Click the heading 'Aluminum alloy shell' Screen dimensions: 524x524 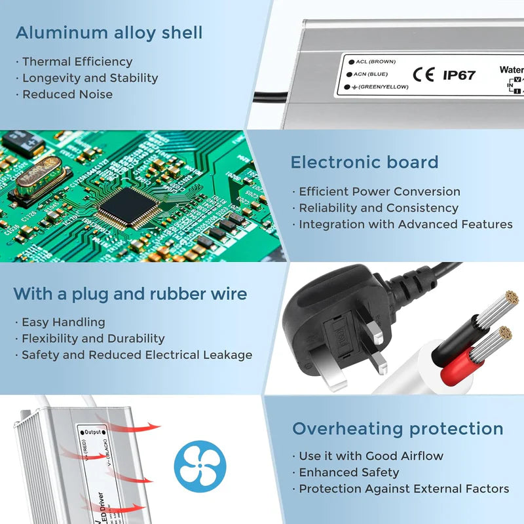click(109, 33)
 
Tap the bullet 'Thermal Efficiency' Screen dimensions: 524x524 click(77, 62)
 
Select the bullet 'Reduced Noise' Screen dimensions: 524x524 click(67, 94)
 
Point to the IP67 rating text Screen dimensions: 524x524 click(459, 75)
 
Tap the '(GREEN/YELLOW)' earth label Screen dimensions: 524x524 click(383, 86)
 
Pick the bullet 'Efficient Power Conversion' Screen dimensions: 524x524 click(379, 192)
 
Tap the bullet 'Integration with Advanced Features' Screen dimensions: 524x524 click(405, 225)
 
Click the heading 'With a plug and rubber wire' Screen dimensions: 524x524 click(130, 293)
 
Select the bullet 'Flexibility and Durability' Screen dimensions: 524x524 click(93, 339)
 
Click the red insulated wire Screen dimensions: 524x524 click(458, 370)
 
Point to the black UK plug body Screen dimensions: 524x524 click(327, 314)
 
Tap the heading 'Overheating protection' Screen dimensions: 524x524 click(398, 429)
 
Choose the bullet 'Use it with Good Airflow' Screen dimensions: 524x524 click(371, 456)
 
